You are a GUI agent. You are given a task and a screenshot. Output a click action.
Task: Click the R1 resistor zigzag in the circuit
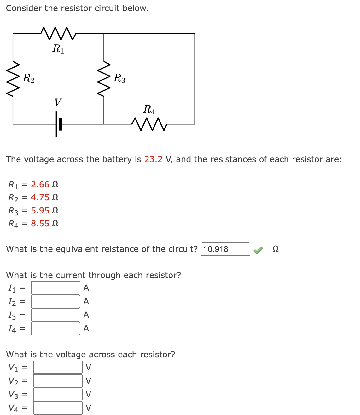click(59, 34)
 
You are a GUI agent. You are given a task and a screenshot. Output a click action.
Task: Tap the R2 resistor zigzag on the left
click(13, 79)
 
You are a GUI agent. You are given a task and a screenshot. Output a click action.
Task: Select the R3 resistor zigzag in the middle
click(104, 79)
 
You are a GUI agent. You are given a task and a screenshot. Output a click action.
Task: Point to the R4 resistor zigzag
click(149, 124)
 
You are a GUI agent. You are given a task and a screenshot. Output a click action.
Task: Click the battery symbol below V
click(58, 124)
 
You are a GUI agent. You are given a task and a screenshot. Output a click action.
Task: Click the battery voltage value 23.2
click(153, 159)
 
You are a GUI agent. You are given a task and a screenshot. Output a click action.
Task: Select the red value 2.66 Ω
click(44, 185)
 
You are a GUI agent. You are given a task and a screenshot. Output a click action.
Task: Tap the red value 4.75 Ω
click(44, 197)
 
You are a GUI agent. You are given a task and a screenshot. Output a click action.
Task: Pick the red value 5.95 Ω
click(44, 211)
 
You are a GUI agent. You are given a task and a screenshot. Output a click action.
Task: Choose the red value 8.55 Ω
click(44, 224)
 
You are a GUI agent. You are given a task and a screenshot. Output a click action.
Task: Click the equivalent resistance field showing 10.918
click(225, 249)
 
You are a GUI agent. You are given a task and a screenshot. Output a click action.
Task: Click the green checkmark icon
click(258, 250)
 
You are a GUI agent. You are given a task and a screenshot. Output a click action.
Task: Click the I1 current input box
click(56, 288)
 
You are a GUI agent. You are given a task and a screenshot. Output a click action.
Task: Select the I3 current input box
click(56, 315)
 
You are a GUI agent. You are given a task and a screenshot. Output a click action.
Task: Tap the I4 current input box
click(56, 328)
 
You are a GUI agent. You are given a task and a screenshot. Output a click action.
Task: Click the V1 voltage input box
click(58, 367)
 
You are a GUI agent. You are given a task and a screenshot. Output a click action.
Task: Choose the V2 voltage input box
click(58, 381)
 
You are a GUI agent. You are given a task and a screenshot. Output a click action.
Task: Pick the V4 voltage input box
click(58, 408)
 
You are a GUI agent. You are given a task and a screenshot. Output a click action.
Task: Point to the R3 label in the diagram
click(119, 78)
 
